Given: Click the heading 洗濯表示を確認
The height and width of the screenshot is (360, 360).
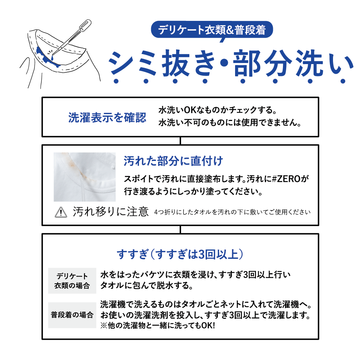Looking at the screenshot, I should [x=107, y=118].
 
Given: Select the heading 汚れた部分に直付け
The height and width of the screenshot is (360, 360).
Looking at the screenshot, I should [x=173, y=161].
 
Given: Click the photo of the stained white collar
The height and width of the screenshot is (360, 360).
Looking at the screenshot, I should [x=85, y=177].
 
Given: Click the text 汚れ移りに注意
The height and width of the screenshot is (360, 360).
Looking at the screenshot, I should [x=111, y=212].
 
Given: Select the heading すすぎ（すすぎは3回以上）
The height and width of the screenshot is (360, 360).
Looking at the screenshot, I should [x=181, y=255].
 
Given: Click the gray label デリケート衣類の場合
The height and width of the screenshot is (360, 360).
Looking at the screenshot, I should [x=72, y=281].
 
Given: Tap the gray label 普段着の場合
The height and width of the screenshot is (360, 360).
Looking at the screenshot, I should [x=72, y=315].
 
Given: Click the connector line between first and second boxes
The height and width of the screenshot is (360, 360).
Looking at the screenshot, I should [x=180, y=141].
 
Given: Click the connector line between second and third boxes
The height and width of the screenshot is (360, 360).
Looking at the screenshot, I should [x=180, y=230].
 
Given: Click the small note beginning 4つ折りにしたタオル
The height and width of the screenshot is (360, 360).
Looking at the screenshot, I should [x=232, y=212].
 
